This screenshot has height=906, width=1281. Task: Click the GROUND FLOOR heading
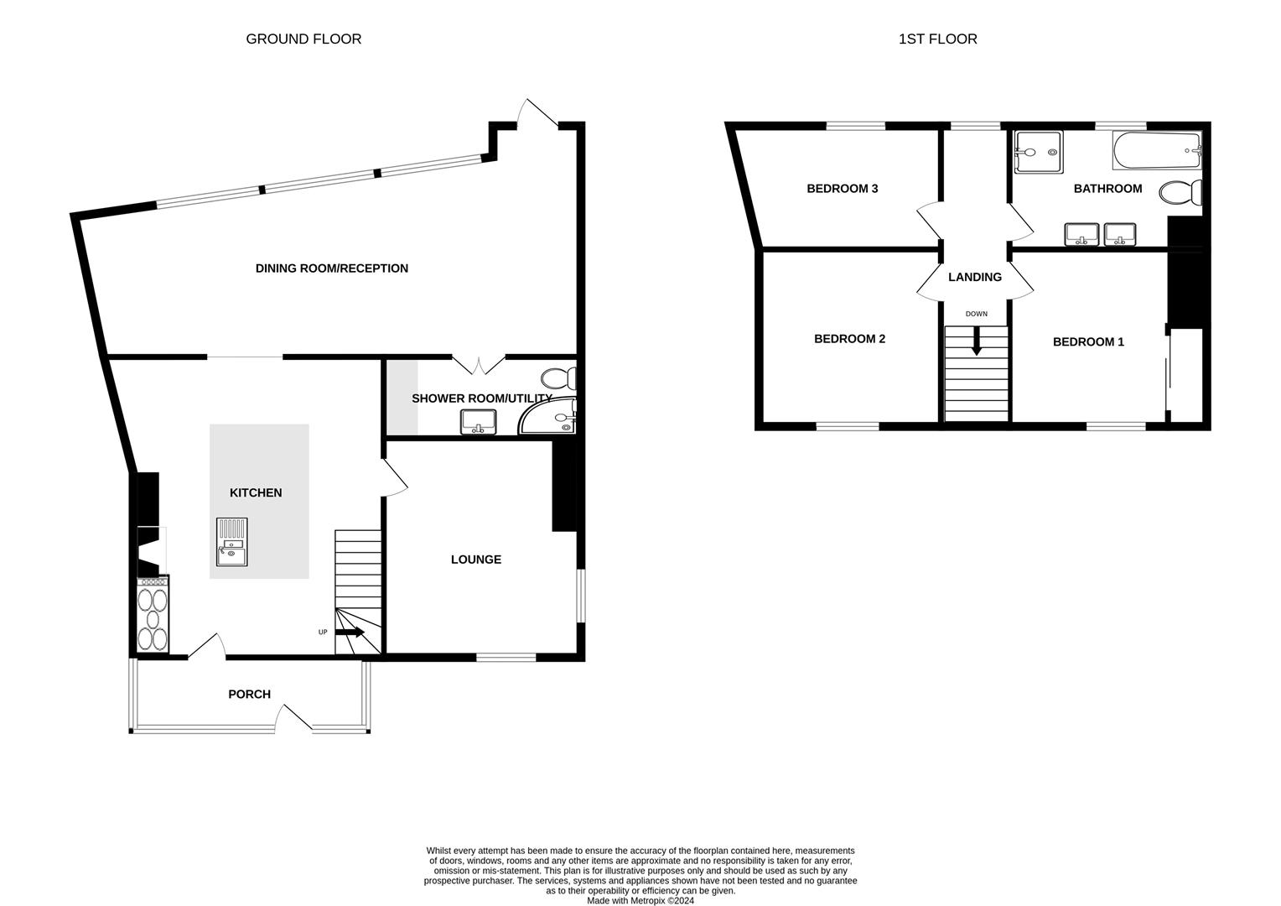pyautogui.click(x=303, y=39)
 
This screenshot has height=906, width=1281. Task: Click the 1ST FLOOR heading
pyautogui.click(x=937, y=39)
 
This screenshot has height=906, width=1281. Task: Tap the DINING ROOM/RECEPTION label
pyautogui.click(x=331, y=268)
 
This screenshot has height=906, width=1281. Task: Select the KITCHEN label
pyautogui.click(x=256, y=492)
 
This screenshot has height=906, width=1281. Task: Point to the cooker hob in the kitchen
pyautogui.click(x=153, y=615)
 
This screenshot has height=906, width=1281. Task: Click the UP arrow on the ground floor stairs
pyautogui.click(x=350, y=632)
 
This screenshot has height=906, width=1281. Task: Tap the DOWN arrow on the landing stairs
pyautogui.click(x=976, y=341)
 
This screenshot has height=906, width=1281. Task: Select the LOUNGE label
pyautogui.click(x=475, y=560)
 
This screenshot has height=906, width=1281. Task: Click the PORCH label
pyautogui.click(x=249, y=694)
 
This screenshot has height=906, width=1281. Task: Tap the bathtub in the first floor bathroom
pyautogui.click(x=1156, y=151)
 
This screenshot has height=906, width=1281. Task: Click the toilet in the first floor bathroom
pyautogui.click(x=1180, y=192)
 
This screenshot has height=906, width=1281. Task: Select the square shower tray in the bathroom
pyautogui.click(x=1038, y=152)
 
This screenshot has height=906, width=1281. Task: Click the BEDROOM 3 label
pyautogui.click(x=842, y=189)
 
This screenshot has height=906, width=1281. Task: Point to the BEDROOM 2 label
pyautogui.click(x=849, y=339)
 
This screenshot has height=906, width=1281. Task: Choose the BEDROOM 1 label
pyautogui.click(x=1088, y=341)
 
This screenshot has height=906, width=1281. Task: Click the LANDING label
pyautogui.click(x=974, y=277)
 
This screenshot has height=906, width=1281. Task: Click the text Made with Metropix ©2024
pyautogui.click(x=640, y=900)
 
